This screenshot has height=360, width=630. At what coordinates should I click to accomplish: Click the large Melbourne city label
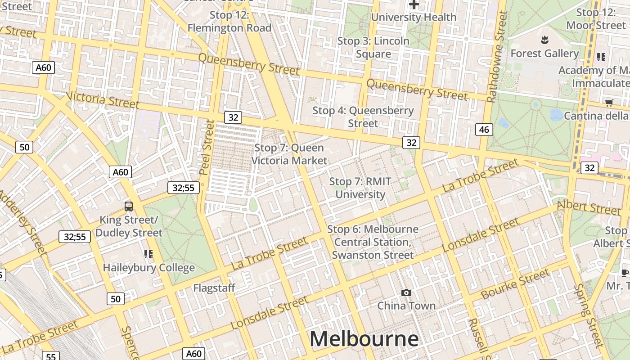tap(364, 339)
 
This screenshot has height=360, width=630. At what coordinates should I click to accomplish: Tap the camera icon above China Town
tap(406, 293)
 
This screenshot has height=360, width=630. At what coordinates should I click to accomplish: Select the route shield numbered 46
tap(484, 130)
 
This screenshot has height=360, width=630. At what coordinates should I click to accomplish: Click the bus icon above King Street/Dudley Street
tap(129, 207)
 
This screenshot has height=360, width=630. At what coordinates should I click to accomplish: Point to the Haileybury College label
tap(149, 268)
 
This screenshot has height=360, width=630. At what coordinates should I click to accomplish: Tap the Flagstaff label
tap(214, 288)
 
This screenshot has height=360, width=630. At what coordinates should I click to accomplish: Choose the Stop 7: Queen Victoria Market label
tap(289, 154)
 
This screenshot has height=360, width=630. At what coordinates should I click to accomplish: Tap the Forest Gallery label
tap(544, 54)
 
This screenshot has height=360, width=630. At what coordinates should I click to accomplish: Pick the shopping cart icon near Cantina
tap(609, 103)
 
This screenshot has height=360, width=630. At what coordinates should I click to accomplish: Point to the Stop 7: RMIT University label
tap(360, 188)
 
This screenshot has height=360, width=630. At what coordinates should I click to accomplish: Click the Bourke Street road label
tap(515, 284)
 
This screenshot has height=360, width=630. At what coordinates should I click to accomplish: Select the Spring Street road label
tap(588, 315)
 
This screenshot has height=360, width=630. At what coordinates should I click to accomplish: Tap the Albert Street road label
tap(588, 207)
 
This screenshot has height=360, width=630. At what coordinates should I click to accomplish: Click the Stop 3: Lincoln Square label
tap(373, 47)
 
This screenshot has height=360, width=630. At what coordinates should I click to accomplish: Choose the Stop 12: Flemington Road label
tap(229, 22)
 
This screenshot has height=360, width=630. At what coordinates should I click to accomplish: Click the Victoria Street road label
tap(102, 100)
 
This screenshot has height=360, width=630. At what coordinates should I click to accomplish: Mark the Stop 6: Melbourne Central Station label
tap(373, 242)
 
